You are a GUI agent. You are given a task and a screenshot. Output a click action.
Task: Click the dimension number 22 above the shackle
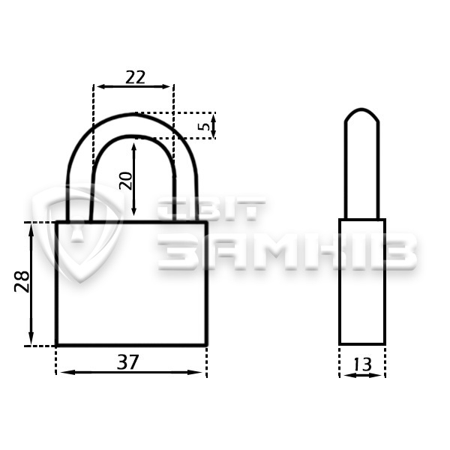point(135,77)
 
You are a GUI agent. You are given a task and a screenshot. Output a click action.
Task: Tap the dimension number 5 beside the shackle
point(205,126)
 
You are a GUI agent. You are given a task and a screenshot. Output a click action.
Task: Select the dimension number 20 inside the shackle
point(126,181)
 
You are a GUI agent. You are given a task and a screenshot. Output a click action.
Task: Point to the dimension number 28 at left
point(22,281)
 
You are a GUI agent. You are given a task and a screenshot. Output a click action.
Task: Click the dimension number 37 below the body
point(128,362)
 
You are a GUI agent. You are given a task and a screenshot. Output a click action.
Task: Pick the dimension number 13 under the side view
point(362,364)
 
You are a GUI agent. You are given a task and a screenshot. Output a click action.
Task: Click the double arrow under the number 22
point(133,86)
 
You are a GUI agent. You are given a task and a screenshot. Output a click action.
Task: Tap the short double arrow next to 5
point(213,126)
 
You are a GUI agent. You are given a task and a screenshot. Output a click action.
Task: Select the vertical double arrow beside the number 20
point(133,179)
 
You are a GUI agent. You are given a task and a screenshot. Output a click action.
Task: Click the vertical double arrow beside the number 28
point(31,284)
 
